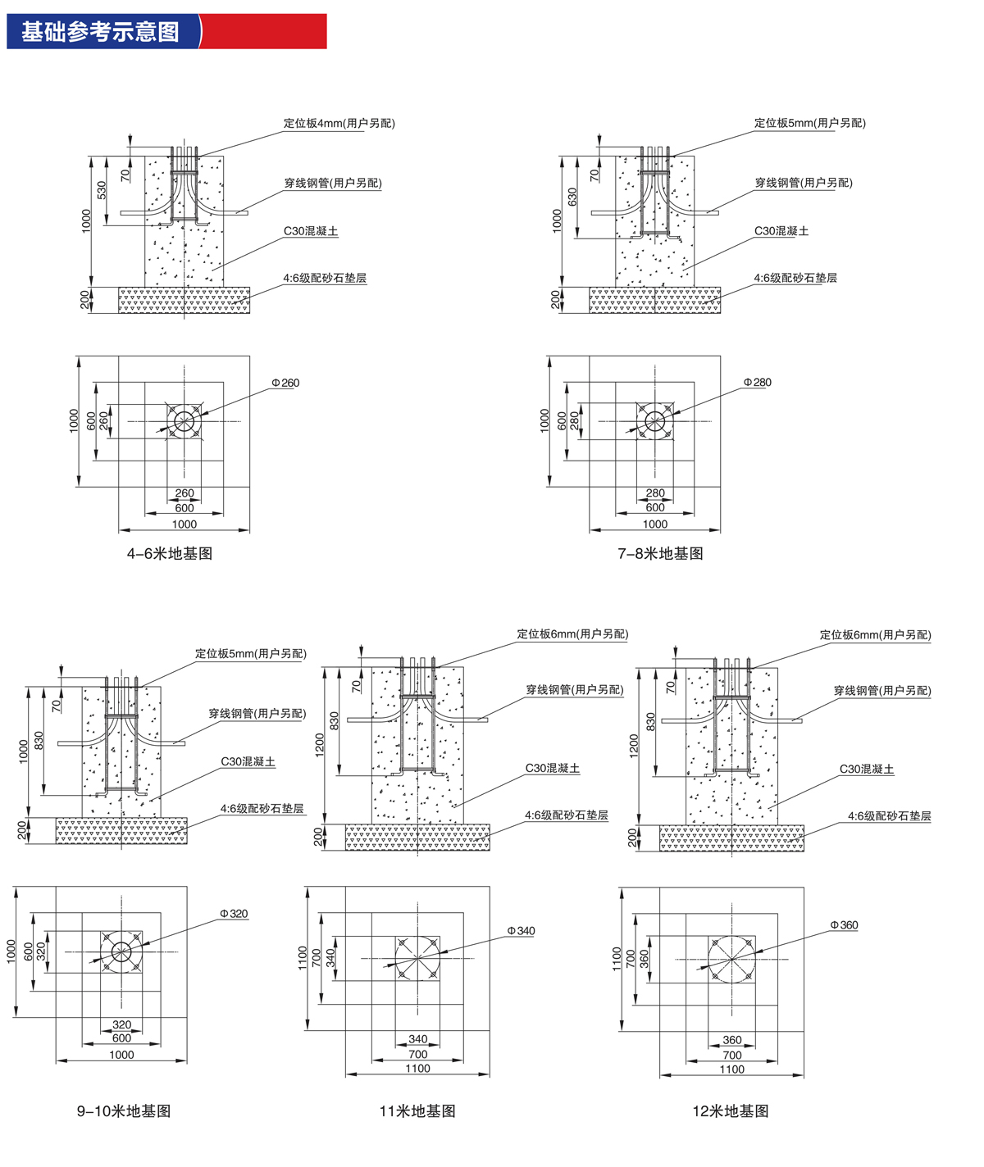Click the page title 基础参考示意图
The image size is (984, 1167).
(100, 32)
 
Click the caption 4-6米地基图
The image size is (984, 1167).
(170, 554)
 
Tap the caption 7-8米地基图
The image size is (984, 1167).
(660, 554)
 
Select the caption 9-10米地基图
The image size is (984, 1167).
(124, 1111)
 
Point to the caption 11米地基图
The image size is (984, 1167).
(417, 1111)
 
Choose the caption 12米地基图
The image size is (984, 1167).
(731, 1111)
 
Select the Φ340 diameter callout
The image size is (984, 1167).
(521, 931)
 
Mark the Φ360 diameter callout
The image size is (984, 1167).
(844, 925)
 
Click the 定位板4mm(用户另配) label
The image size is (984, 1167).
(339, 124)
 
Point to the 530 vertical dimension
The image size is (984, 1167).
(102, 190)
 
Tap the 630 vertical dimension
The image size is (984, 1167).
(572, 197)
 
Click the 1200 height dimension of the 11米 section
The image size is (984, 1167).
(319, 744)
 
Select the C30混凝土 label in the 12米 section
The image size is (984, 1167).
(866, 770)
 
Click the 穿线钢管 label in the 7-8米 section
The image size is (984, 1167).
(803, 184)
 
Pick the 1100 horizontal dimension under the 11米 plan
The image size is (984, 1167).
(417, 1069)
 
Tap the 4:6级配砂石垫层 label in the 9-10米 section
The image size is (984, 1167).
(262, 809)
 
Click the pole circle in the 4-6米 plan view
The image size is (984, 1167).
(184, 422)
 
